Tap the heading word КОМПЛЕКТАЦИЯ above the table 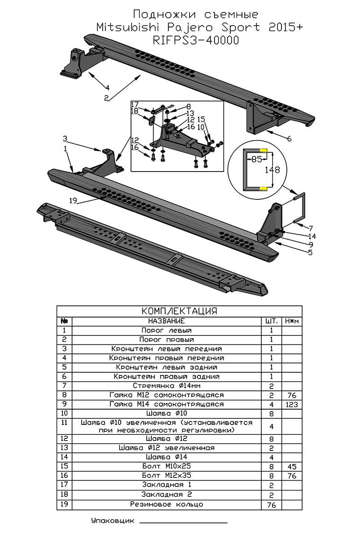tap(179, 311)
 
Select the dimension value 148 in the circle tap(272, 170)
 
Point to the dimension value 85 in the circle tap(256, 159)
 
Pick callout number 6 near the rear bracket tap(289, 139)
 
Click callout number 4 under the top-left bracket tap(107, 87)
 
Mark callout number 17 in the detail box tap(135, 105)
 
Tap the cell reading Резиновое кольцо tap(167, 504)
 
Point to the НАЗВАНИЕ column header tap(167, 321)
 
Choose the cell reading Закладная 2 tap(167, 495)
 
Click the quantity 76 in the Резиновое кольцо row tap(272, 504)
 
